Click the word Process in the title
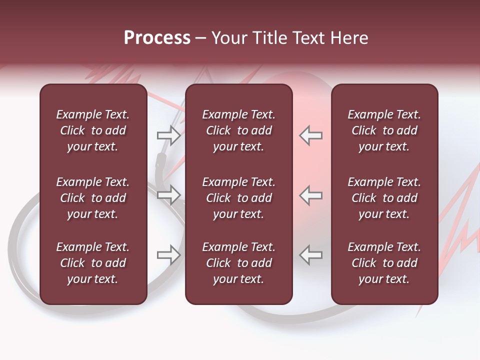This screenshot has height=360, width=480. [x=157, y=38]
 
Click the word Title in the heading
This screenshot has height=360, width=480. [x=267, y=38]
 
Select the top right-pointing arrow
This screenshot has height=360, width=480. [x=168, y=135]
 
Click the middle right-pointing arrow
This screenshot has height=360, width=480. [x=168, y=194]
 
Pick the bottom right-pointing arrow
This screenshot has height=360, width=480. [x=168, y=255]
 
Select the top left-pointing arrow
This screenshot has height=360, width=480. [x=311, y=135]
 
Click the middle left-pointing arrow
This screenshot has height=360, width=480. [x=311, y=194]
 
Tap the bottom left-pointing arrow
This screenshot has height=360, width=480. [x=311, y=255]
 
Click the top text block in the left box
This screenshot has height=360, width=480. [x=93, y=130]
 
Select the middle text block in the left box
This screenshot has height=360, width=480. [x=93, y=198]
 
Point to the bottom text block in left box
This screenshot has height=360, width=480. [x=93, y=263]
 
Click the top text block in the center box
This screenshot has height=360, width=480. [x=238, y=130]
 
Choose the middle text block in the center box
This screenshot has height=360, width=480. [x=238, y=198]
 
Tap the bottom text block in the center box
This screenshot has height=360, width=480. [x=238, y=263]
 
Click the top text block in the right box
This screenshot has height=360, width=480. [x=384, y=130]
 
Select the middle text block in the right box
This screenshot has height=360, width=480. [x=384, y=198]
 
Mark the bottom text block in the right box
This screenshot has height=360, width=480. [x=384, y=263]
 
